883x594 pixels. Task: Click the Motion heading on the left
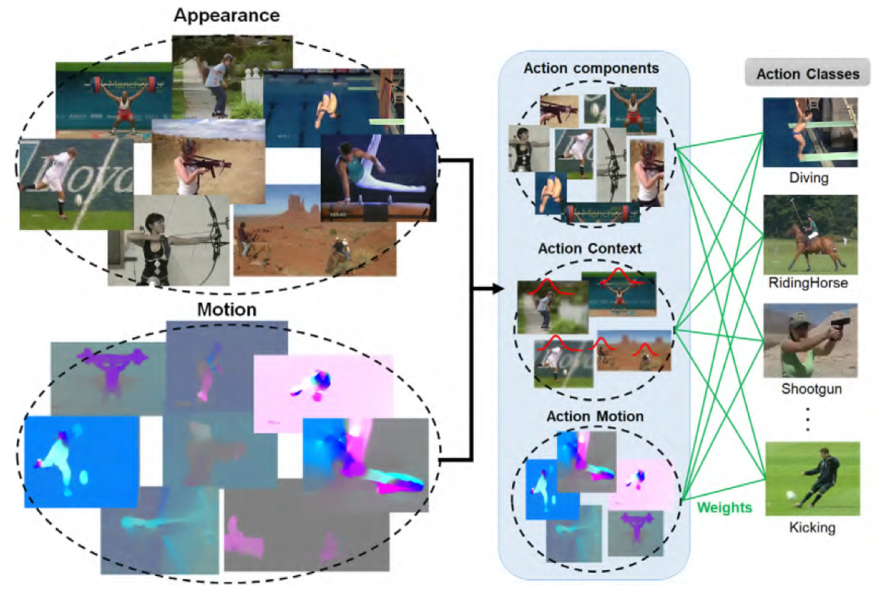click(226, 310)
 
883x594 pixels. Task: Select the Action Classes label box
click(807, 74)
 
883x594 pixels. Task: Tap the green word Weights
click(724, 507)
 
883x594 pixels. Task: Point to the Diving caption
click(809, 178)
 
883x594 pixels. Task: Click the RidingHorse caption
click(809, 283)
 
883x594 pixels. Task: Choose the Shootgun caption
click(809, 389)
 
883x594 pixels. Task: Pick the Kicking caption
click(812, 528)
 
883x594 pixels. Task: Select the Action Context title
click(589, 249)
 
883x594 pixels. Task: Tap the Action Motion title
click(594, 417)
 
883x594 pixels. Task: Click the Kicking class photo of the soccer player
click(812, 478)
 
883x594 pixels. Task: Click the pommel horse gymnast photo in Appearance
click(379, 177)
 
